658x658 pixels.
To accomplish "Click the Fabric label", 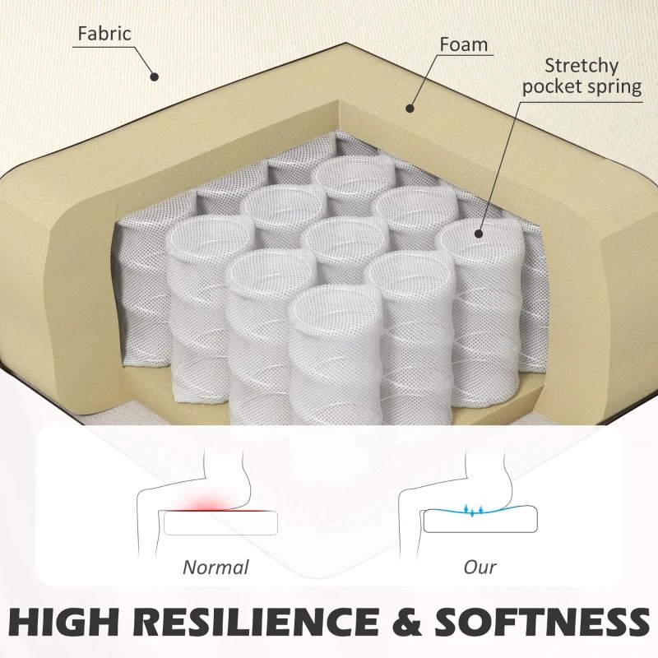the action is [x=104, y=34].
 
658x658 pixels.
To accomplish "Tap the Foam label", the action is [x=464, y=44].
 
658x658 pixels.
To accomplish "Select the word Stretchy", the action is [x=582, y=67].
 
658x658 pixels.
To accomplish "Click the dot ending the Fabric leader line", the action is [x=155, y=76].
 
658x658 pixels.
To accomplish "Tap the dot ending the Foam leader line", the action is [x=410, y=109].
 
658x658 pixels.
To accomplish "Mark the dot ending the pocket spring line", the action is [x=478, y=234].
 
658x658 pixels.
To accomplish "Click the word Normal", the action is [x=216, y=568].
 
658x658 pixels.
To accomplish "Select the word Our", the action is [x=480, y=568].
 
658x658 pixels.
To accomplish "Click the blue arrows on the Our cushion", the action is [x=474, y=509].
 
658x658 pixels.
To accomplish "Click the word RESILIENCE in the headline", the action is [x=256, y=621].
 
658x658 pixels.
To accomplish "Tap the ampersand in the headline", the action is [x=406, y=621].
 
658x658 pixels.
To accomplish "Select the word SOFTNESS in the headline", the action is [x=542, y=621].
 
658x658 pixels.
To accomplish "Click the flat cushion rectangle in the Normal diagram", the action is [x=220, y=523].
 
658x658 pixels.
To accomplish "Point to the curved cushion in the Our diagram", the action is [x=480, y=520].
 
